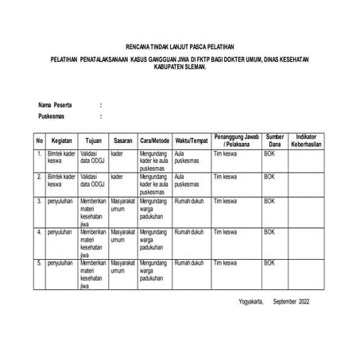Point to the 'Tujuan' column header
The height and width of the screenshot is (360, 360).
click(x=92, y=141)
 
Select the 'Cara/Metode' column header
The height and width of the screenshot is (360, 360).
click(x=154, y=141)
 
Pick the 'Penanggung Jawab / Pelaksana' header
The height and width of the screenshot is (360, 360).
click(x=235, y=141)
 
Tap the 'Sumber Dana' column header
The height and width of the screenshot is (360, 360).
click(x=274, y=141)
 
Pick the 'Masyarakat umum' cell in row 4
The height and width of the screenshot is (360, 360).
click(x=123, y=235)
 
